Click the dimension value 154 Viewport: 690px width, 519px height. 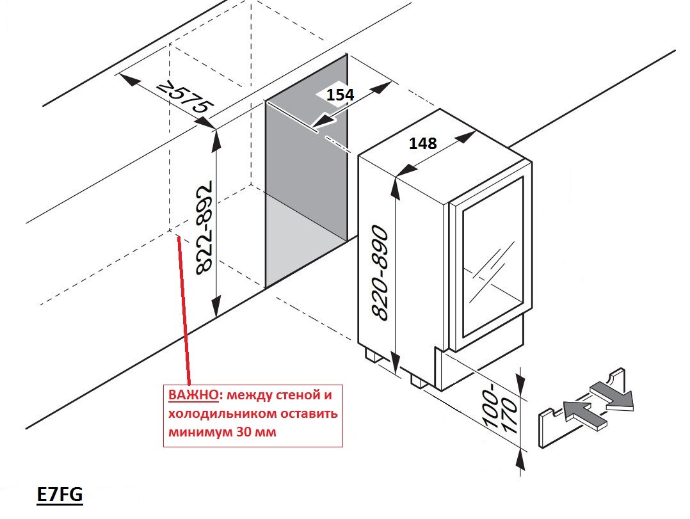[340, 95]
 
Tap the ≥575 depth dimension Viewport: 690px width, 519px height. [185, 99]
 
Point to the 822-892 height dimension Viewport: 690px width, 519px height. [203, 230]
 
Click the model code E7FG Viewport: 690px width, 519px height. [60, 495]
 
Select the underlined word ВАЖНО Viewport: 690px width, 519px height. [188, 394]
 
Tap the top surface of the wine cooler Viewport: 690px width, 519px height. [442, 150]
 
